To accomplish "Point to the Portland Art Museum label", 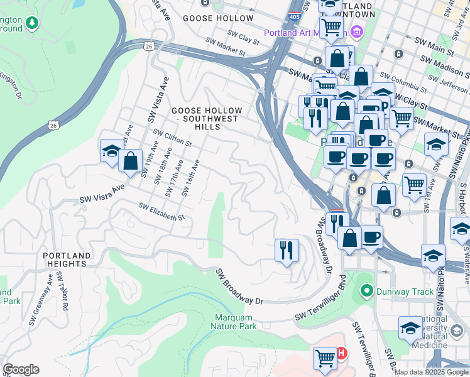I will pyautogui.click(x=306, y=33).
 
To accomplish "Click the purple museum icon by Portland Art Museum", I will pyautogui.click(x=357, y=31).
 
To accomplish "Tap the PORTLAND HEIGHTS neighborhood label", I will pyautogui.click(x=65, y=260).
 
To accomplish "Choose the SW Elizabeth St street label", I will pyautogui.click(x=161, y=212).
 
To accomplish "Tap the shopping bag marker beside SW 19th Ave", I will pyautogui.click(x=130, y=161).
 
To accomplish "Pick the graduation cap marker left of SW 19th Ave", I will pyautogui.click(x=111, y=151).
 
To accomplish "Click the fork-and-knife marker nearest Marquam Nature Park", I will pyautogui.click(x=286, y=250).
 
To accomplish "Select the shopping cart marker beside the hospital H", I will pyautogui.click(x=325, y=358).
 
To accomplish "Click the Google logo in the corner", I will pyautogui.click(x=21, y=369).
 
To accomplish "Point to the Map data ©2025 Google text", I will pyautogui.click(x=432, y=372).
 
